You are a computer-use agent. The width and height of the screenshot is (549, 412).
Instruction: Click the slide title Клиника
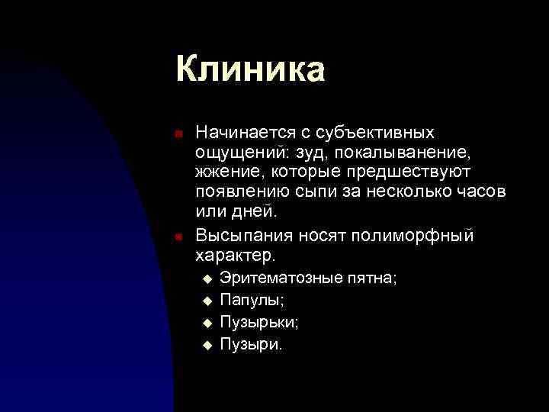point(250,69)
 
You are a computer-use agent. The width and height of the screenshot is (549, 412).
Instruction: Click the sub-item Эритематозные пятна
point(308,279)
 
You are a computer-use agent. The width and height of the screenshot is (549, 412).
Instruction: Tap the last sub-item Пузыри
point(251,343)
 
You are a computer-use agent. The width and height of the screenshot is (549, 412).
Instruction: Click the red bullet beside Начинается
point(178,134)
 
